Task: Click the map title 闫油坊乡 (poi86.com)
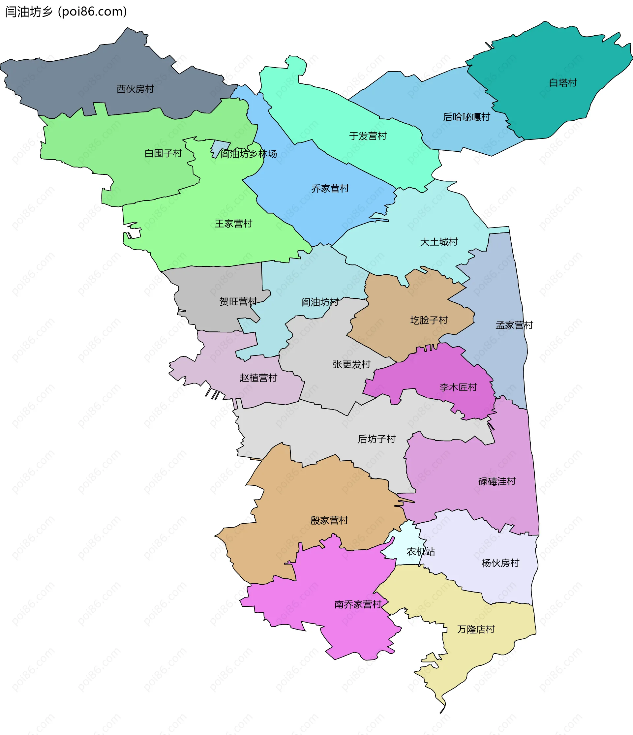click(x=66, y=12)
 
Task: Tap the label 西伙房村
click(x=135, y=89)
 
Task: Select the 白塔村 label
click(x=563, y=83)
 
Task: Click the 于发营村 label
click(x=368, y=136)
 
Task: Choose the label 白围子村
click(x=163, y=153)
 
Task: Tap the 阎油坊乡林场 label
click(x=248, y=154)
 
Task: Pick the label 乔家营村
click(x=330, y=188)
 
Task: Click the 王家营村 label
click(x=233, y=224)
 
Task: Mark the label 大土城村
click(x=439, y=242)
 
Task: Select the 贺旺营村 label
click(x=238, y=301)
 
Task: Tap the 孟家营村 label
click(x=514, y=325)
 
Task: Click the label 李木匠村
click(x=458, y=387)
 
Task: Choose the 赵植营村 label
click(x=258, y=378)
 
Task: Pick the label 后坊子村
click(x=376, y=439)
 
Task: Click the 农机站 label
click(x=421, y=552)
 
